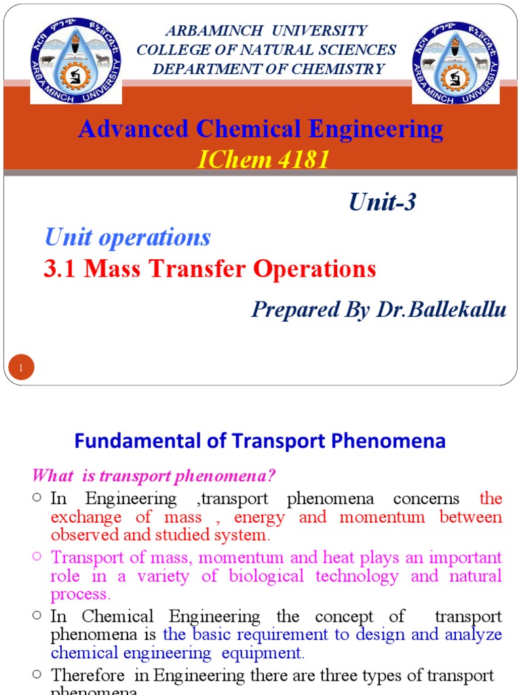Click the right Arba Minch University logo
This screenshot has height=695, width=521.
[455, 61]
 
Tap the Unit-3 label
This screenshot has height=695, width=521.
[382, 202]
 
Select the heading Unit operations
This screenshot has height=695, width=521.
[128, 237]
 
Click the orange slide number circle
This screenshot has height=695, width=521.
[21, 368]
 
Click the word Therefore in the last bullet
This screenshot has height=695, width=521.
[88, 675]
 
